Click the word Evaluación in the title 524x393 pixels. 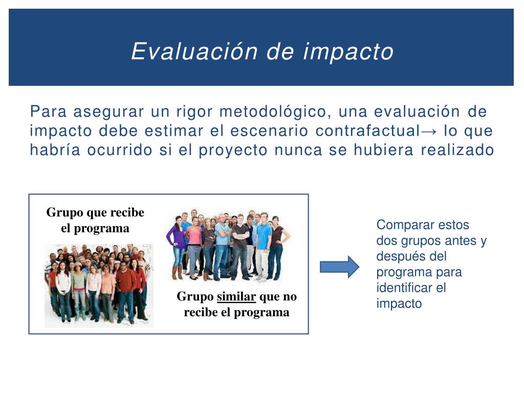(x=194, y=52)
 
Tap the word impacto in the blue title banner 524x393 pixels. (x=348, y=53)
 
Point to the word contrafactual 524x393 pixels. (x=367, y=130)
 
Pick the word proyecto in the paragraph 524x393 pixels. (x=233, y=150)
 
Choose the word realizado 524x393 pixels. (x=457, y=150)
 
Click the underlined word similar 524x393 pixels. (x=236, y=296)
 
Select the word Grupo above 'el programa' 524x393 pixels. (x=65, y=213)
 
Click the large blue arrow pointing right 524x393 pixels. (x=340, y=267)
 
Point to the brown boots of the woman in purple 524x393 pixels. (x=178, y=273)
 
